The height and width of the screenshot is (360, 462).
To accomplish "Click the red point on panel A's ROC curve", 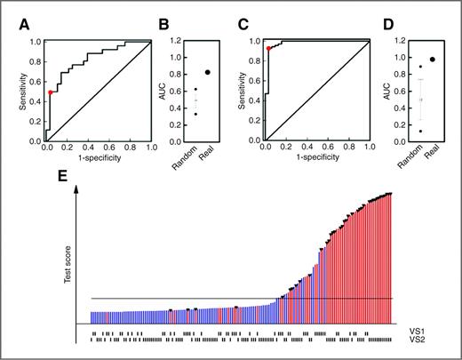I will coord(51,92).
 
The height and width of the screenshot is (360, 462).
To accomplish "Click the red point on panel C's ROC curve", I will coord(268,49).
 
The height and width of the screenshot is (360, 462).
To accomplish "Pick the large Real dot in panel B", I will coord(208,72).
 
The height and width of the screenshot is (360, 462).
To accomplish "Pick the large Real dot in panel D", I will coord(433,59).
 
